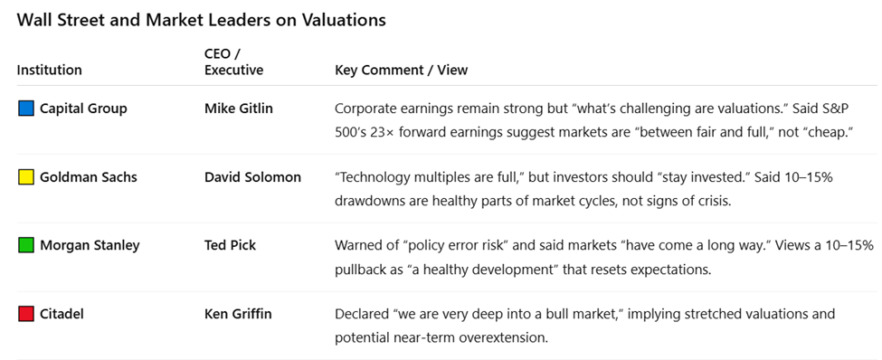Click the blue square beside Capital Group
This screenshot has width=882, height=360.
point(26,109)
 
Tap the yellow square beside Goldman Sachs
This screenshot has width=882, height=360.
point(26,177)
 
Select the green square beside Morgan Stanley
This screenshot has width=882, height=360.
point(26,245)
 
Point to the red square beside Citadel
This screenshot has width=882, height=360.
point(26,314)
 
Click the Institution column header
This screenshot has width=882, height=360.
point(49,70)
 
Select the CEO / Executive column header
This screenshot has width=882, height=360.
point(233,62)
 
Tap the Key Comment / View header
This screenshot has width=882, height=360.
point(401,70)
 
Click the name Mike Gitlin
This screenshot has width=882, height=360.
point(238,109)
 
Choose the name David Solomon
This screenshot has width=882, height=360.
point(252,177)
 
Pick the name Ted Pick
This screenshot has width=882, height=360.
point(232,245)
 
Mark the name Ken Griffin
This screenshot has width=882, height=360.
point(238,314)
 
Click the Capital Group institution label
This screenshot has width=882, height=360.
point(83,109)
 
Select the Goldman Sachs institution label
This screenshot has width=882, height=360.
point(89,177)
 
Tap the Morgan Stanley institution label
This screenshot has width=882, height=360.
point(90,245)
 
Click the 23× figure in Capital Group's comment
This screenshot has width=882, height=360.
point(384,132)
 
